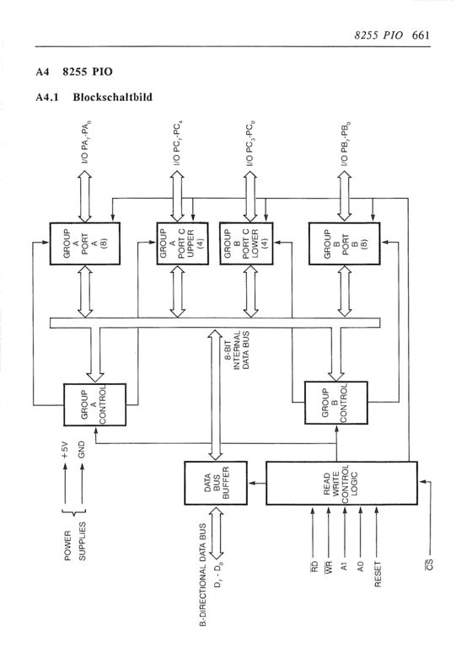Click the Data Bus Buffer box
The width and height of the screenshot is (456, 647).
[x=216, y=483]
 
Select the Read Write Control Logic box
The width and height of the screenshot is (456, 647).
[x=341, y=483]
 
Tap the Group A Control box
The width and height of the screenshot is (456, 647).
[x=95, y=404]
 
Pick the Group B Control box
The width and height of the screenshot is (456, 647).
[x=336, y=403]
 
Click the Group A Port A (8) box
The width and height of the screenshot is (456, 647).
[x=85, y=243]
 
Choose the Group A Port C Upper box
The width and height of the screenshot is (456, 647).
[x=182, y=243]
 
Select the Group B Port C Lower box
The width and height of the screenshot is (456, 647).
[x=246, y=243]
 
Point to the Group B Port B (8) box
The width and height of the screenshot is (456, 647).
[x=345, y=243]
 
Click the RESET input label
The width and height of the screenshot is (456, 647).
[x=378, y=574]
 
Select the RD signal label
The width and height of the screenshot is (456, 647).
[x=314, y=566]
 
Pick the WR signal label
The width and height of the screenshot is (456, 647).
[x=329, y=567]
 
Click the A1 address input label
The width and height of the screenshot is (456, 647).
[x=345, y=566]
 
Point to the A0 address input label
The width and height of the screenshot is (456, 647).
[x=361, y=566]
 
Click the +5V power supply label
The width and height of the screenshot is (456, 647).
[x=64, y=449]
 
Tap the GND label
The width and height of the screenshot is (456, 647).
[x=81, y=449]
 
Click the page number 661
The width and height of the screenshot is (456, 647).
[x=421, y=35]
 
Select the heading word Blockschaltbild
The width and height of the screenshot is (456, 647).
[x=113, y=98]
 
